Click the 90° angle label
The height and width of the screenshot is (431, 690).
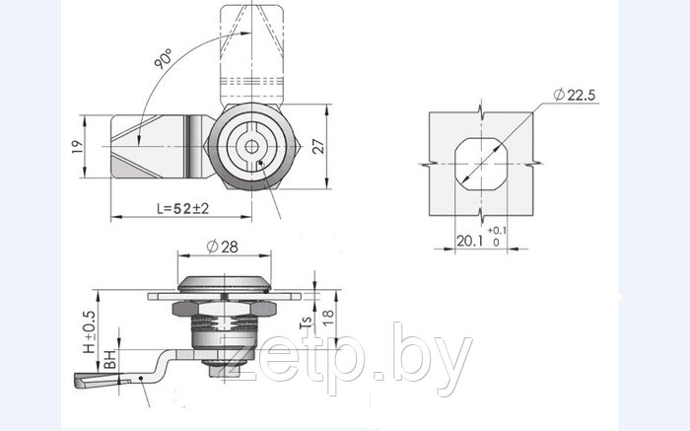pyautogui.click(x=163, y=58)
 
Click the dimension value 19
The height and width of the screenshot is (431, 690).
pyautogui.click(x=78, y=147)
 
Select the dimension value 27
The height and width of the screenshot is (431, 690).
pyautogui.click(x=318, y=146)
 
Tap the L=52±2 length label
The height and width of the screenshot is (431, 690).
pyautogui.click(x=182, y=208)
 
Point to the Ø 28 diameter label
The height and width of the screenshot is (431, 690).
pyautogui.click(x=222, y=247)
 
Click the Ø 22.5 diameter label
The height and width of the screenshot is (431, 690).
pyautogui.click(x=575, y=95)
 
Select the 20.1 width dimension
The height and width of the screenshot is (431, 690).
pyautogui.click(x=469, y=241)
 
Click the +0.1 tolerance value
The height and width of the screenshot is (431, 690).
pyautogui.click(x=497, y=230)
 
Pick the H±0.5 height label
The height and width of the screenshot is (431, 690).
pyautogui.click(x=90, y=332)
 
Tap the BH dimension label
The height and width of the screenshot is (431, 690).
pyautogui.click(x=110, y=359)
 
